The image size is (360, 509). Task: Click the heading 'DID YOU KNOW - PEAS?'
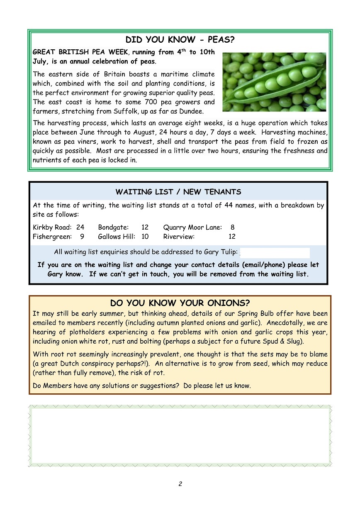[x=180, y=40]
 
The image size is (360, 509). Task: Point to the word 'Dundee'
[x=192, y=111]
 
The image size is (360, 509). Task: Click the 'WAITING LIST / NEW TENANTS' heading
[x=178, y=192]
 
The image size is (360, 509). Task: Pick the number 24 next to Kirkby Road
[x=80, y=227]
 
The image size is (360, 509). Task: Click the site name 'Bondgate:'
[x=113, y=227]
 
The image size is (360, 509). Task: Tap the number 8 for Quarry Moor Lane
[x=232, y=227]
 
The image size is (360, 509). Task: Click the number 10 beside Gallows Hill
[x=145, y=237]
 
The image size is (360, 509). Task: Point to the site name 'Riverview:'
[x=179, y=237]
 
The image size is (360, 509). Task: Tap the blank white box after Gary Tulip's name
[x=275, y=252]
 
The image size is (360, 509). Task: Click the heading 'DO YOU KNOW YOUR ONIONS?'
[x=180, y=303]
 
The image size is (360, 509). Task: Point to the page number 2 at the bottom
[x=180, y=484]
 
